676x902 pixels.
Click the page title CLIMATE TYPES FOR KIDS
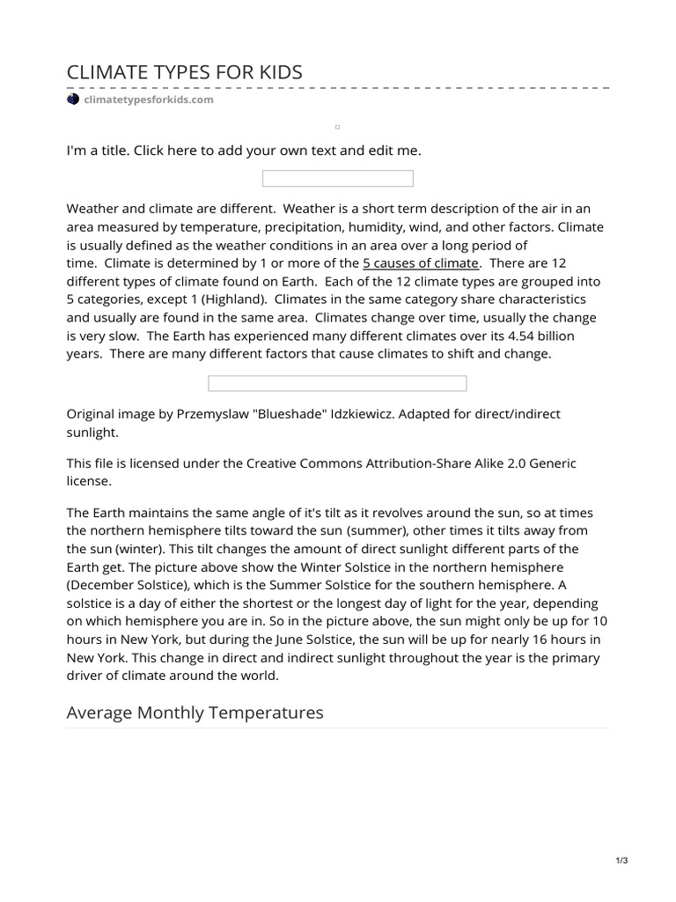(x=184, y=72)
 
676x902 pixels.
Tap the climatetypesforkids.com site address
(x=148, y=100)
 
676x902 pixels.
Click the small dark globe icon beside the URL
(x=73, y=100)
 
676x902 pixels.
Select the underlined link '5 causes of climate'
(x=421, y=263)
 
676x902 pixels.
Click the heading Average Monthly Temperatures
(x=195, y=712)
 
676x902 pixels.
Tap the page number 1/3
(x=621, y=861)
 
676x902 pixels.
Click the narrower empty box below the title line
(x=338, y=179)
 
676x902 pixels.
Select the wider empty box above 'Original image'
(x=337, y=383)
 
